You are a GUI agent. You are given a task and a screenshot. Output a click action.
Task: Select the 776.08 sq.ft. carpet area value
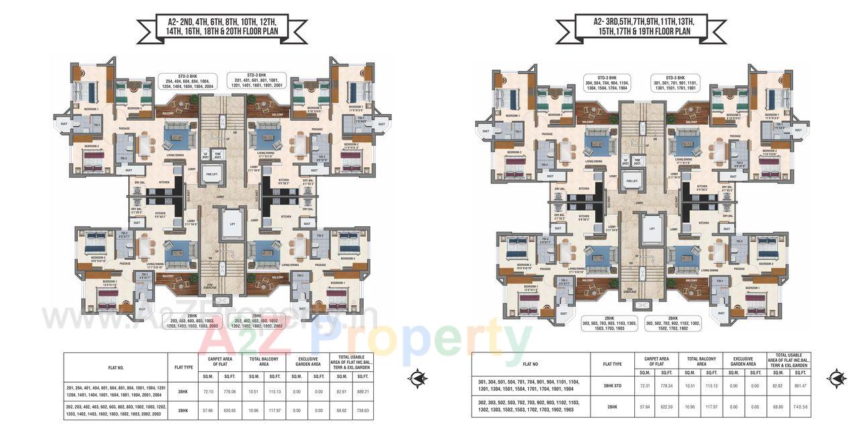[230, 391]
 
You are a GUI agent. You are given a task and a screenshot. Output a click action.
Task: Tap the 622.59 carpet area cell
[666, 406]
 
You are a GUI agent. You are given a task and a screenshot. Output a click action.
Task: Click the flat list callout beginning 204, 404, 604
[186, 81]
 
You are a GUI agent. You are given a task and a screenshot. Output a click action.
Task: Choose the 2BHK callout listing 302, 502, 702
[673, 324]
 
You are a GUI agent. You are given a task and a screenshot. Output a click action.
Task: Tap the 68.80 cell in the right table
[776, 406]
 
